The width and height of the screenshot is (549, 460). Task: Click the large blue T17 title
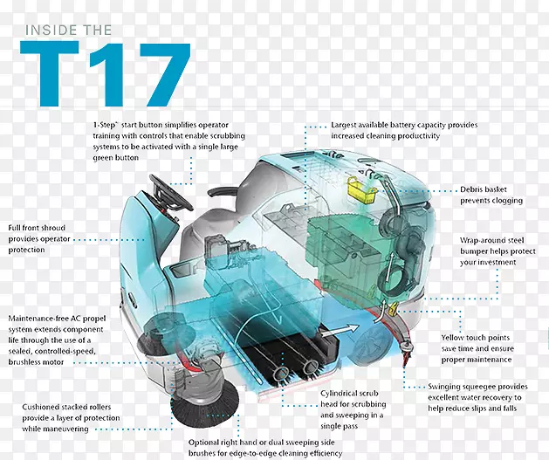point(106,73)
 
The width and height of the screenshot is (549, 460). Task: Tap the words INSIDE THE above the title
point(69,30)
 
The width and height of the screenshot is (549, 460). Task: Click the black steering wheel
point(171,193)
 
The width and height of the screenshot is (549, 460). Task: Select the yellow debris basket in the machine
point(362,190)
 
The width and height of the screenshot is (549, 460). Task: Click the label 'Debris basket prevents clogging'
point(491,195)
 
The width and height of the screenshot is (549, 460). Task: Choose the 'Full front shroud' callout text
point(39,239)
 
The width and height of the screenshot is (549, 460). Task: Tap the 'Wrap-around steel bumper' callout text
point(498,251)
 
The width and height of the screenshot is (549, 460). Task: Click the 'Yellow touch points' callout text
point(477,348)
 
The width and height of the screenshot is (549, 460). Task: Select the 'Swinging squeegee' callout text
point(477,397)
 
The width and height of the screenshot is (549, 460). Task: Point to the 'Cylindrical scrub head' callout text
point(353,409)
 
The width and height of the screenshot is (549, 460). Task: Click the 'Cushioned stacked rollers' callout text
point(71,418)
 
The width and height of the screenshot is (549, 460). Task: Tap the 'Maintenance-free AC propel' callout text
point(57,340)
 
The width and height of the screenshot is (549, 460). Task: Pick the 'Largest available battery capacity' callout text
point(404,130)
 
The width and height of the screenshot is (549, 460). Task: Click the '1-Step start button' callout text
point(169,141)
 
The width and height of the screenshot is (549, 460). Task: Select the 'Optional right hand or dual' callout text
point(265,448)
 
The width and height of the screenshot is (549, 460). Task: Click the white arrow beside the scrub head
point(340,331)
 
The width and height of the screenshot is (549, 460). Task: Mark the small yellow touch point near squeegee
point(393,309)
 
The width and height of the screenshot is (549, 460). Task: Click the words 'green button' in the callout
point(116,157)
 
